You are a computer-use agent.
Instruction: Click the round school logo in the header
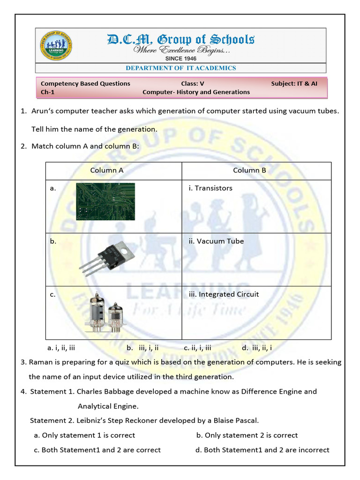click(x=56, y=46)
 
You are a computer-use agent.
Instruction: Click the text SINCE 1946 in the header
click(x=181, y=59)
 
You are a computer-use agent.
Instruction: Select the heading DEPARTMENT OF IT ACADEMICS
click(x=180, y=68)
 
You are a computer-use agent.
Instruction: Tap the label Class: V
click(x=193, y=83)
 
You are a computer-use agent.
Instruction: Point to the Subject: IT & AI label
click(x=294, y=83)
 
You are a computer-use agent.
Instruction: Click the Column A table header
click(x=107, y=170)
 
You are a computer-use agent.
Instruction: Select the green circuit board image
click(x=105, y=201)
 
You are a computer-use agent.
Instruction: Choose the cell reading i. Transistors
click(x=210, y=188)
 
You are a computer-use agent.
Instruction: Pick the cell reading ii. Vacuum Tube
click(x=216, y=241)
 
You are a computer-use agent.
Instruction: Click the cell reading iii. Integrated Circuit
click(x=224, y=294)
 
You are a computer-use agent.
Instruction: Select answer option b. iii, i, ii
click(x=142, y=348)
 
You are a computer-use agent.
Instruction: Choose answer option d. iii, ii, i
click(x=257, y=348)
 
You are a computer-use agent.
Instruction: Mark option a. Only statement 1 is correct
click(x=84, y=435)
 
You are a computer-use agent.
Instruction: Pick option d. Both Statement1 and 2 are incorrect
click(x=262, y=450)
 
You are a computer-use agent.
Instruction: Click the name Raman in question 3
click(x=40, y=362)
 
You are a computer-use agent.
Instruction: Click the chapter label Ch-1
click(x=48, y=92)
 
